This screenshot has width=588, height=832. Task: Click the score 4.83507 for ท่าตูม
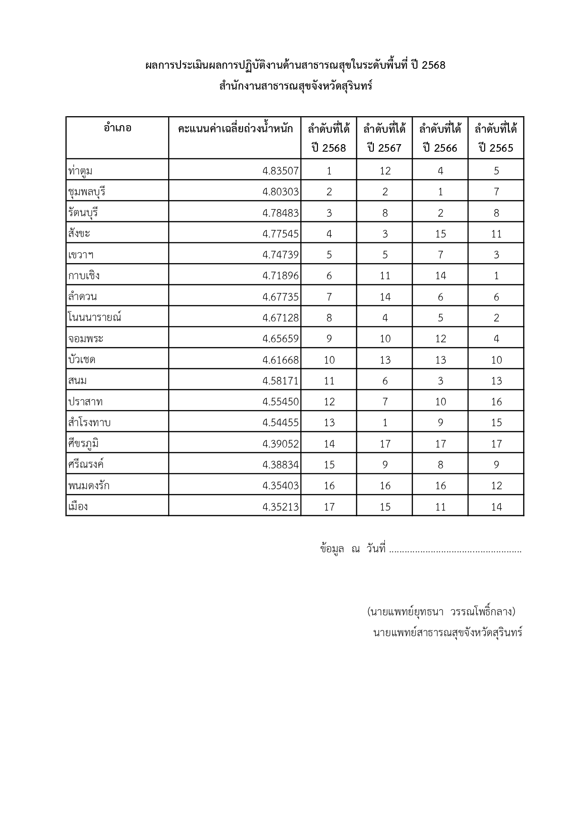click(x=280, y=171)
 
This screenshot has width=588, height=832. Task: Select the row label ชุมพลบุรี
click(x=86, y=192)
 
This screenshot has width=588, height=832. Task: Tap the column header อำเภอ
click(x=118, y=128)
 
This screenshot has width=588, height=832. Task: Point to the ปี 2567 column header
click(x=384, y=138)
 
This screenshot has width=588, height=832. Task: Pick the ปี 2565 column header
click(x=496, y=138)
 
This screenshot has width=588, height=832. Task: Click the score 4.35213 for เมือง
click(x=280, y=507)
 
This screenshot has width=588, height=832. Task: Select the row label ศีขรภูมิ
click(x=83, y=444)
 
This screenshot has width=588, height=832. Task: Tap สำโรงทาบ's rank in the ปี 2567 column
click(x=385, y=422)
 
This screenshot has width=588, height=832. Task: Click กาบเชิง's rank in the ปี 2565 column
click(x=496, y=276)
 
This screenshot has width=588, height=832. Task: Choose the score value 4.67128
click(x=280, y=318)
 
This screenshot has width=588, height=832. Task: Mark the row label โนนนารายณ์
click(x=95, y=318)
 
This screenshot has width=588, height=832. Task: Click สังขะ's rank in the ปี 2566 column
click(x=440, y=234)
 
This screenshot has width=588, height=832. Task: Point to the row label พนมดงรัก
click(x=89, y=485)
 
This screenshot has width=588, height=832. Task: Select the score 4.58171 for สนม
click(x=280, y=381)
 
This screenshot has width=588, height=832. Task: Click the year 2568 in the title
click(x=433, y=65)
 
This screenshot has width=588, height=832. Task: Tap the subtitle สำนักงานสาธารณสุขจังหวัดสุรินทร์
click(x=296, y=87)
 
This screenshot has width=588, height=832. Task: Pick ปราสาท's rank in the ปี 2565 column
click(x=496, y=402)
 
